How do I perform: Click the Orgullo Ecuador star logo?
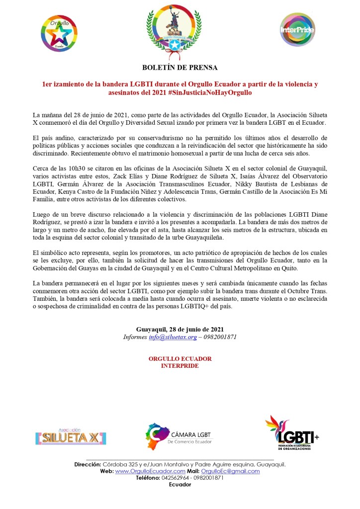59,32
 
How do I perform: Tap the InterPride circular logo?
297,30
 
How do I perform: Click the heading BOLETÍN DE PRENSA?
180,67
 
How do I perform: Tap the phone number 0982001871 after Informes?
217,337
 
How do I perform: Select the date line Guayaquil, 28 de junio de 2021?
180,329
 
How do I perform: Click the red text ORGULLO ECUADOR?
180,358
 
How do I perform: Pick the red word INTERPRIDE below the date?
180,366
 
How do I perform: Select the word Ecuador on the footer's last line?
180,485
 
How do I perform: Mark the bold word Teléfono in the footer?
148,478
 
